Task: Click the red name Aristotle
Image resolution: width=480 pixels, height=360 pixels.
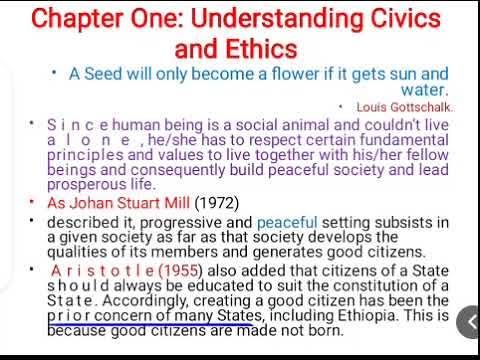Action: tap(95, 270)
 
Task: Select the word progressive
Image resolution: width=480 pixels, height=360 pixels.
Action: tap(172, 221)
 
